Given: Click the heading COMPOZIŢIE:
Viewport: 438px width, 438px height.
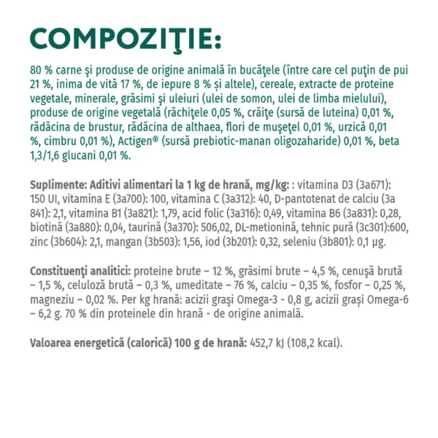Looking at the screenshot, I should tap(123, 37).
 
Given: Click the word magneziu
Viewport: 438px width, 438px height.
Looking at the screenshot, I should tap(53, 299).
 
